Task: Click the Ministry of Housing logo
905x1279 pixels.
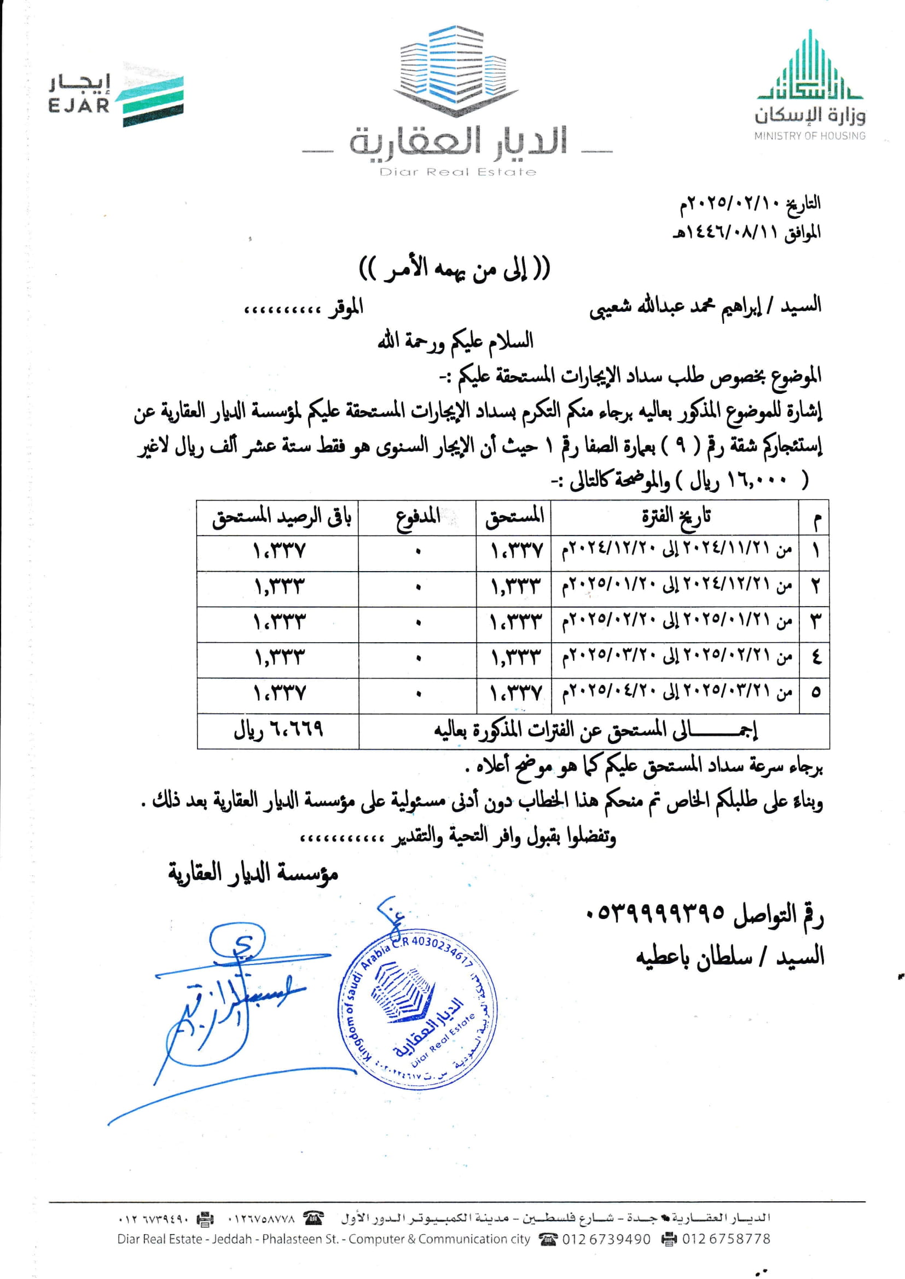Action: pos(810,86)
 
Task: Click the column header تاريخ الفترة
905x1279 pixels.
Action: pos(675,518)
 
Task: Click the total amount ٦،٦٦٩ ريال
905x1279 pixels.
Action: pos(278,730)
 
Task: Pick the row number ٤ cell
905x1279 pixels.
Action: pos(815,659)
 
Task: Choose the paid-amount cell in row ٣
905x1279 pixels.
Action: pos(417,623)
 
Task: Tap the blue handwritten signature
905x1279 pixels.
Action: pos(223,1003)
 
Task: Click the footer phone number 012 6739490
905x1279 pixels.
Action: pos(606,1239)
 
